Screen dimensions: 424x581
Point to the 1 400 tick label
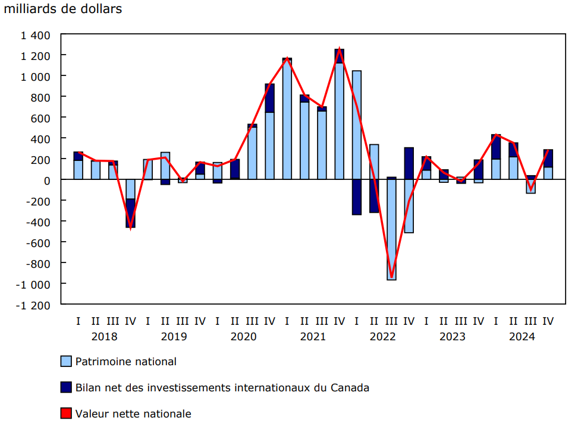click(x=36, y=35)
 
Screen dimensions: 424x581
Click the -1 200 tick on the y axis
click(x=35, y=305)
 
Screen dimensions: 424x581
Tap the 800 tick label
click(x=42, y=97)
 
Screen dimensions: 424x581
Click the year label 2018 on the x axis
click(x=104, y=337)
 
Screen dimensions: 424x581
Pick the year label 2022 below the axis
click(x=382, y=337)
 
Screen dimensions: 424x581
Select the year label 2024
click(x=522, y=337)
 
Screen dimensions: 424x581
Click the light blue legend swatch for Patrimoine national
click(x=67, y=361)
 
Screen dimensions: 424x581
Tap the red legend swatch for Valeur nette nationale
click(x=67, y=413)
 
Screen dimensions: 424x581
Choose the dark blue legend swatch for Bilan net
click(x=67, y=387)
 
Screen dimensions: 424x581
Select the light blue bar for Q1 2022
click(x=357, y=125)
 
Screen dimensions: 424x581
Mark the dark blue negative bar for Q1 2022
click(x=357, y=197)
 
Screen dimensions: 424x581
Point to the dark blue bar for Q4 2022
click(x=409, y=164)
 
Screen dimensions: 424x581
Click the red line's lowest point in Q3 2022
click(x=391, y=277)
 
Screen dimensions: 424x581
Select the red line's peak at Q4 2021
click(x=339, y=49)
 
